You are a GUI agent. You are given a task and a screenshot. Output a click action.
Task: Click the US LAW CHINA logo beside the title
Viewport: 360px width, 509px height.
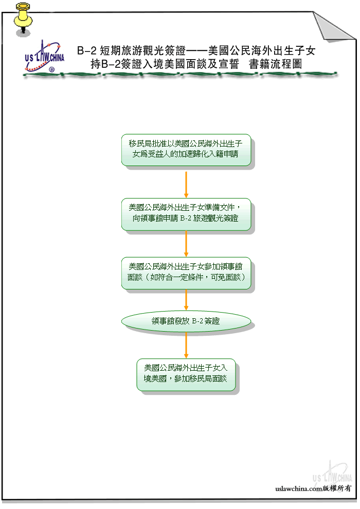(x=44, y=56)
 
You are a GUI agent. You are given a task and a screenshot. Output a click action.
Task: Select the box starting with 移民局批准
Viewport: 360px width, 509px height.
(x=186, y=150)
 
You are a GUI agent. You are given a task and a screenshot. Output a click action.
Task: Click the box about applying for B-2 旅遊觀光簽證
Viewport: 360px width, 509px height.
(x=186, y=214)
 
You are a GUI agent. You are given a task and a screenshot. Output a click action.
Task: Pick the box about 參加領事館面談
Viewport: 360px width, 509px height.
(x=186, y=273)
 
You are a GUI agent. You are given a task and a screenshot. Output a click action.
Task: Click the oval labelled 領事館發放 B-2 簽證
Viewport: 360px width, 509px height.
(x=186, y=321)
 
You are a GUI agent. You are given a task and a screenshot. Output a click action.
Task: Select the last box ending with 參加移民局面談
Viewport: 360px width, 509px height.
(x=186, y=375)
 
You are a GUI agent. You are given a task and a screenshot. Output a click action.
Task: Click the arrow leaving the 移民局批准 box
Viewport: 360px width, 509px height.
(x=186, y=185)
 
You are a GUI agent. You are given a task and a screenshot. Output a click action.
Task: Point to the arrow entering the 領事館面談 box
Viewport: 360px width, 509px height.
(x=186, y=244)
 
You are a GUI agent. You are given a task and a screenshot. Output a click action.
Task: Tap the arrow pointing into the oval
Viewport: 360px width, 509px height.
(x=186, y=300)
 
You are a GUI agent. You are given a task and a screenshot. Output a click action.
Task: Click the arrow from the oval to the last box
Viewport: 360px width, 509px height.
(x=186, y=345)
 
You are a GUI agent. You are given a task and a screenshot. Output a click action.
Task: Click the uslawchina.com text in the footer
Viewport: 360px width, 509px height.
(x=299, y=488)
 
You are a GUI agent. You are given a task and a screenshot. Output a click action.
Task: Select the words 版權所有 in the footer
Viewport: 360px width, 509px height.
(x=337, y=488)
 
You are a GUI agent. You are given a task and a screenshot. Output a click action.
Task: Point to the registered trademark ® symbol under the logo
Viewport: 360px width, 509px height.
(x=51, y=69)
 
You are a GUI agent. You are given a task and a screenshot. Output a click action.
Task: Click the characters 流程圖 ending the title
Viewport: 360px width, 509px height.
(x=286, y=64)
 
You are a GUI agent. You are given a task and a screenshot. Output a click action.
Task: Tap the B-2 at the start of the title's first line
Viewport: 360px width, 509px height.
(x=87, y=50)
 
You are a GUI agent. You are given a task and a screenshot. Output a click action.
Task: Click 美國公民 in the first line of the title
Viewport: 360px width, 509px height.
(x=229, y=50)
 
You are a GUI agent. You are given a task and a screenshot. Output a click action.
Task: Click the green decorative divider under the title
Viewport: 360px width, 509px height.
(x=180, y=75)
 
